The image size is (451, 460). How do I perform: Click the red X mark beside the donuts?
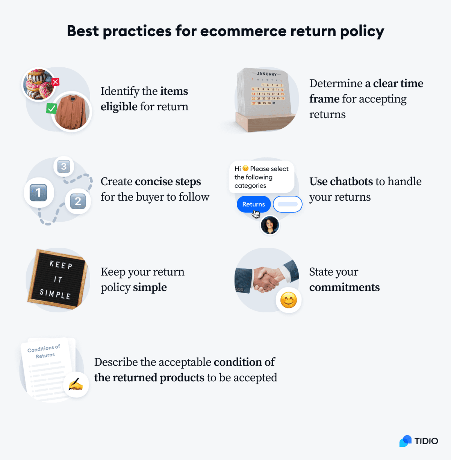click(56, 82)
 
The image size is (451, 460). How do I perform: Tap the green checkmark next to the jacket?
click(51, 108)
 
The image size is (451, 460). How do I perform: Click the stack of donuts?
click(38, 84)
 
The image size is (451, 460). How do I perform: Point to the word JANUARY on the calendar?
click(267, 74)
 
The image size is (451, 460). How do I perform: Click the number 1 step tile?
click(38, 193)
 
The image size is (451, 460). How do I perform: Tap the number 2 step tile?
click(78, 201)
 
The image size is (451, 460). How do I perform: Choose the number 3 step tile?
click(64, 166)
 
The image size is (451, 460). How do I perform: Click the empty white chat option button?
click(288, 204)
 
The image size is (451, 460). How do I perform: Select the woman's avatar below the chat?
click(270, 225)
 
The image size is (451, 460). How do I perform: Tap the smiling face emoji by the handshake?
click(289, 300)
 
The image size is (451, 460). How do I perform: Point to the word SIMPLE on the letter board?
click(55, 294)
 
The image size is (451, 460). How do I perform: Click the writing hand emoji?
click(76, 384)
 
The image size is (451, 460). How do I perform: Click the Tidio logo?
click(419, 441)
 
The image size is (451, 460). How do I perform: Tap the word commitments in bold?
click(344, 287)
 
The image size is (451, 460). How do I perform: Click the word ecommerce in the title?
click(243, 31)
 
